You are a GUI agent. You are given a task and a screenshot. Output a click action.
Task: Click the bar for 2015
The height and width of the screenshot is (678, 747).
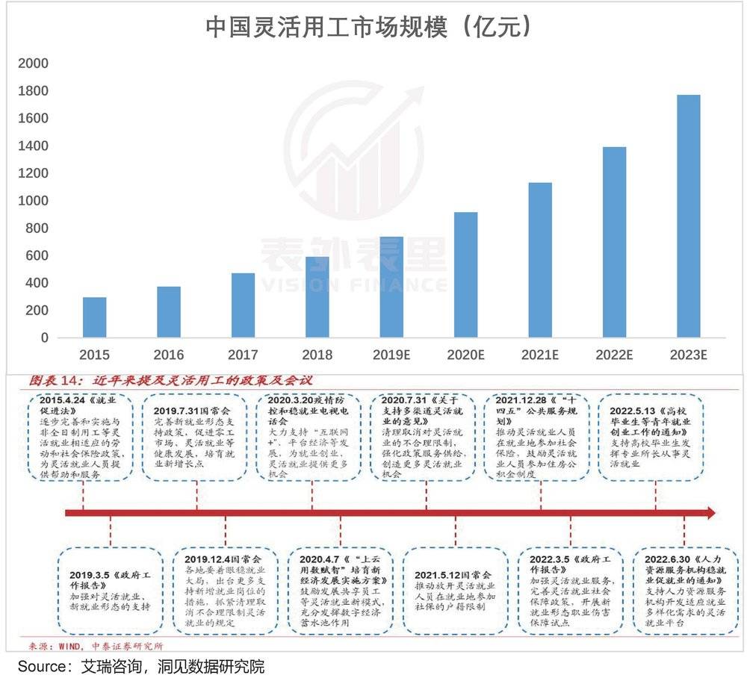[94, 317]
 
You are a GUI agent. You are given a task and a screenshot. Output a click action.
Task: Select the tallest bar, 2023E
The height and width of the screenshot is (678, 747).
[687, 217]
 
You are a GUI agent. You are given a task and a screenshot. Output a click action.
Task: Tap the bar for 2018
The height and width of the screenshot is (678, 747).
[317, 297]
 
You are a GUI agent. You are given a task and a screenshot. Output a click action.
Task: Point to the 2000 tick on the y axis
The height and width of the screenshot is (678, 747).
[34, 63]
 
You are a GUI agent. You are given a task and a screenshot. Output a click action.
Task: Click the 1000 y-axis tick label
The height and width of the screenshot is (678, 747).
[34, 201]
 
